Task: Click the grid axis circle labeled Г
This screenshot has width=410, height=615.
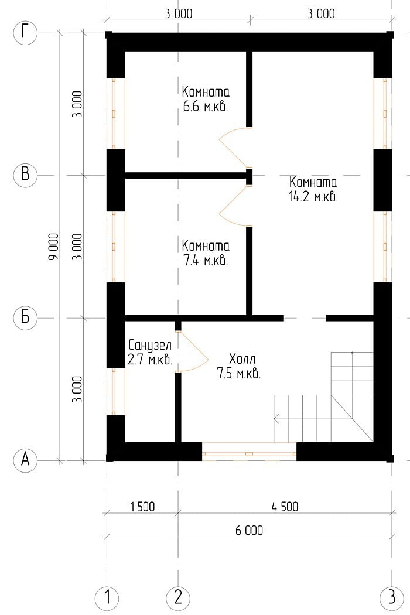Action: [x=25, y=33]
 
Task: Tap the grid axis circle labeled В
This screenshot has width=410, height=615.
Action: [x=25, y=175]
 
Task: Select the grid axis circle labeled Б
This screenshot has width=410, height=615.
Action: [x=25, y=317]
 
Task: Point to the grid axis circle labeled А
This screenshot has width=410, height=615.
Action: [x=25, y=459]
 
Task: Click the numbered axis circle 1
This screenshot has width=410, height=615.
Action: [x=107, y=598]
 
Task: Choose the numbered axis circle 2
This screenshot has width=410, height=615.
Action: [x=178, y=598]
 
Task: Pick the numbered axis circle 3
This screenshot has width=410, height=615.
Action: [x=392, y=598]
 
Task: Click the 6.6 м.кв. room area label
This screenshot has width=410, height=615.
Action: [x=206, y=107]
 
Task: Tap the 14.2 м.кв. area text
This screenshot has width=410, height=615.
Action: [x=313, y=197]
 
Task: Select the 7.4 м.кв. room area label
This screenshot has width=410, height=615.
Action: [x=206, y=261]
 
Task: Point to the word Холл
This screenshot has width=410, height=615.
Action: [x=242, y=359]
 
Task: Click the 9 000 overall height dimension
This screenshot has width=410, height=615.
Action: [x=53, y=247]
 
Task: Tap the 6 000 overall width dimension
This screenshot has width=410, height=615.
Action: [x=249, y=531]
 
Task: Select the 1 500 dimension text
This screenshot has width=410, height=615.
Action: [x=142, y=507]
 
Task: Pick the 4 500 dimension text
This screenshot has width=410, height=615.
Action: [x=285, y=507]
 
